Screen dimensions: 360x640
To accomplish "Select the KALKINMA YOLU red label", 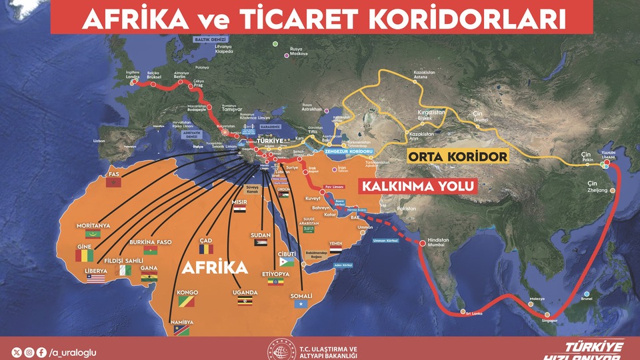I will coord(417,186).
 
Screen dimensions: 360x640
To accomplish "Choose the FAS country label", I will coord(113,175).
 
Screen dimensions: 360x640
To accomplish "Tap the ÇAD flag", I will coord(205,249).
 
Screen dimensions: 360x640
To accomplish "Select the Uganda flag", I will coord(245,302).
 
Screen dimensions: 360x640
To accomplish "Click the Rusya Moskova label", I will coord(299,51).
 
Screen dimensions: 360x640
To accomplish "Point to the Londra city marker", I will coord(134,83).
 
